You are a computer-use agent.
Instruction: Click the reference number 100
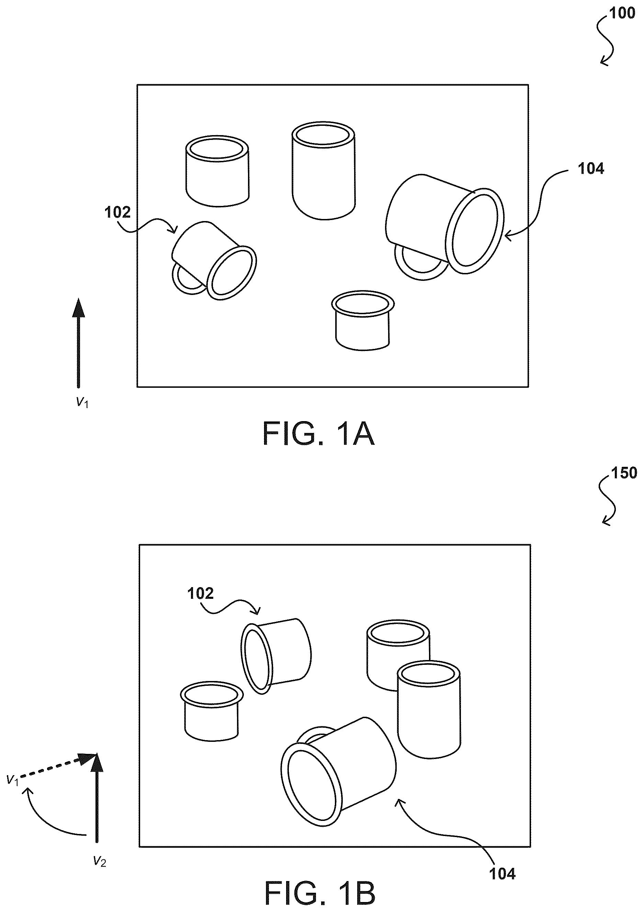[x=622, y=13]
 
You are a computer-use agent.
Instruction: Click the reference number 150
[x=624, y=473]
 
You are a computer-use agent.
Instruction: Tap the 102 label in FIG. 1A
[x=117, y=212]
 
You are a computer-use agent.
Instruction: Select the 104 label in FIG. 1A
[x=591, y=169]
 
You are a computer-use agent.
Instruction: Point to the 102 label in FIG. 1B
[x=200, y=593]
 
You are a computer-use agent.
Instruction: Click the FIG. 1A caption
[x=319, y=434]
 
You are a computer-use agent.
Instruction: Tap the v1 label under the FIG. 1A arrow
[x=82, y=403]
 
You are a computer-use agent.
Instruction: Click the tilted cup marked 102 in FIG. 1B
[x=276, y=661]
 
